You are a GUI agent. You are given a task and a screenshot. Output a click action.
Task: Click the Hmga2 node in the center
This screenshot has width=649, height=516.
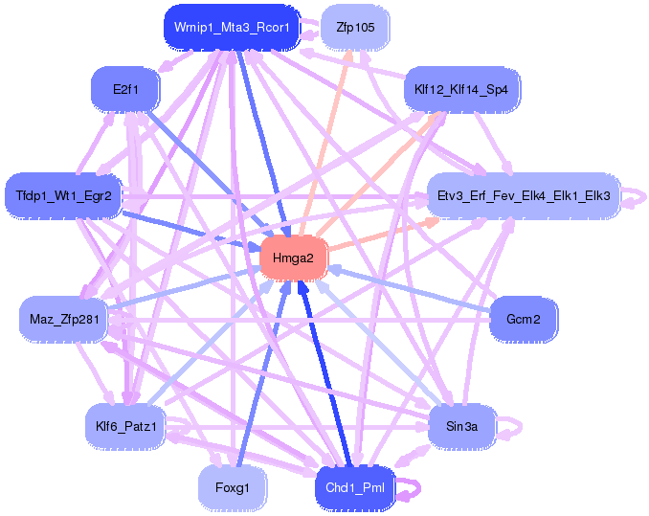tap(294, 258)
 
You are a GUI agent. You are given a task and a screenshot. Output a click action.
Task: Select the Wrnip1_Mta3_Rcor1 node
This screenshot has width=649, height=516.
tap(232, 28)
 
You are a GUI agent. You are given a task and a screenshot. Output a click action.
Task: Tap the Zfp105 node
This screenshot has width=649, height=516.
tap(355, 28)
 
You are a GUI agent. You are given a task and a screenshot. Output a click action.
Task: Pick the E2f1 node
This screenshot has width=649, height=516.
tap(125, 89)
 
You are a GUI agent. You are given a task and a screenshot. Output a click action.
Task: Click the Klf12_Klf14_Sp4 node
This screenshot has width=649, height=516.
tap(461, 89)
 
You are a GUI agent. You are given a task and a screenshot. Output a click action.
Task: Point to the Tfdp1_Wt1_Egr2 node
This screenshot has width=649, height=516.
tap(63, 195)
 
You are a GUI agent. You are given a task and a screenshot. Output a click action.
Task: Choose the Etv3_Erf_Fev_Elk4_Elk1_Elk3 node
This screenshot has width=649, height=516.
tap(524, 195)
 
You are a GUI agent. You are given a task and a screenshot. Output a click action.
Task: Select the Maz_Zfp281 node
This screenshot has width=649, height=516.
tap(64, 319)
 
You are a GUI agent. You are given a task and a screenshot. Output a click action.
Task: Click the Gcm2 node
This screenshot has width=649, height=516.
tap(524, 319)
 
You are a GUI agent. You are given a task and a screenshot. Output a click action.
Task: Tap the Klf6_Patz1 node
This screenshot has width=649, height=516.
tap(125, 426)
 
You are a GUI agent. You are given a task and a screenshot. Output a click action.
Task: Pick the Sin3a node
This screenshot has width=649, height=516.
tap(461, 426)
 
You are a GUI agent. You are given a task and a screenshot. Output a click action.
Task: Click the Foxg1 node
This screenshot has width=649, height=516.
tap(232, 487)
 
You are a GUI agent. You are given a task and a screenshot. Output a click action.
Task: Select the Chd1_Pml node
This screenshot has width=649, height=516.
tap(355, 487)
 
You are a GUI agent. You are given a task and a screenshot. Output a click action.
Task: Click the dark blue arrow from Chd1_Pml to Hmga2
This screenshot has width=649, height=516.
tap(324, 372)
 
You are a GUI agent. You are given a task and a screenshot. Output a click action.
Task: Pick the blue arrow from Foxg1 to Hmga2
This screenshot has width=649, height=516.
tap(263, 372)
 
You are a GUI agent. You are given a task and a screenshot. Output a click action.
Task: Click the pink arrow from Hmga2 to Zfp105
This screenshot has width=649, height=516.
tap(325, 143)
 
